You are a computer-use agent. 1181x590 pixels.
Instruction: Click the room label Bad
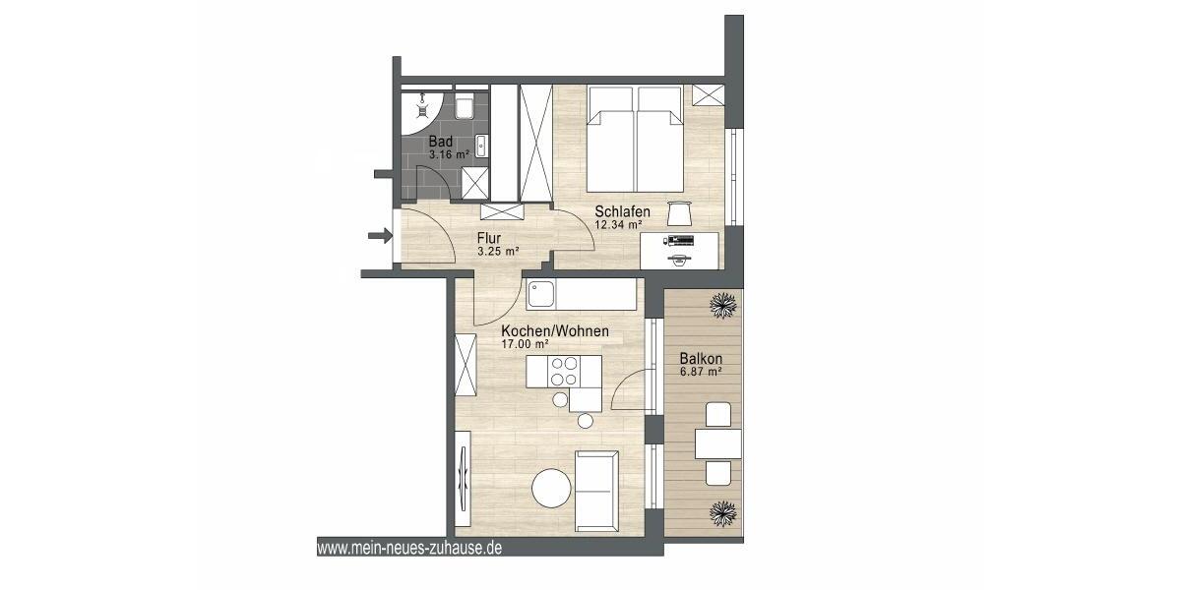tap(441, 142)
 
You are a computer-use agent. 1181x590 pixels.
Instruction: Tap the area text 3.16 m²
tap(449, 154)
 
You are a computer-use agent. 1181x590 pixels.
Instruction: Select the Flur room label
tap(489, 238)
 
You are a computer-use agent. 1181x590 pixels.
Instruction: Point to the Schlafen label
tap(621, 211)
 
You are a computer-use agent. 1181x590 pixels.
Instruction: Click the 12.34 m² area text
tap(617, 224)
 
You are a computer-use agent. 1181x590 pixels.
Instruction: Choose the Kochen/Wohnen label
tap(554, 331)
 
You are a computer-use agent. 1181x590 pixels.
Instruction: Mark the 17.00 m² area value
tap(525, 345)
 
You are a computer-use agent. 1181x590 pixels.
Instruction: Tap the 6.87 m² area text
tap(701, 372)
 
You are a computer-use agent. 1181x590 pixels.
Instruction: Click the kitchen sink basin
tap(541, 292)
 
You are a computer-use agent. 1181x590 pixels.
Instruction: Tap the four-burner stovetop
tap(564, 373)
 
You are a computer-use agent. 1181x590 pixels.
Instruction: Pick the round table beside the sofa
tap(551, 488)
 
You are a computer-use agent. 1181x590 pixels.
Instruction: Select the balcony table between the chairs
tap(718, 444)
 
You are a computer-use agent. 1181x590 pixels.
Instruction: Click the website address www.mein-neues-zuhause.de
tap(409, 548)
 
